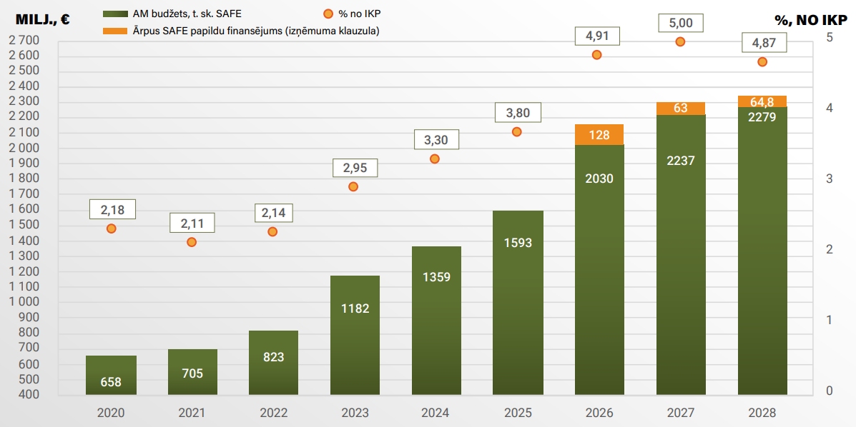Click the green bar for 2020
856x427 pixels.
111,375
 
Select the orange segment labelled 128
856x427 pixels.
599,135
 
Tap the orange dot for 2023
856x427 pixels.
353,186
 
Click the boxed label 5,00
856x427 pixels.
680,22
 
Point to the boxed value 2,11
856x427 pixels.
192,223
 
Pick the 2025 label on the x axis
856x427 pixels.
518,413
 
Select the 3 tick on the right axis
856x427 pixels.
829,179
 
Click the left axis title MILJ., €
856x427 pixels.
42,20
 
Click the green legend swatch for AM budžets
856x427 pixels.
114,14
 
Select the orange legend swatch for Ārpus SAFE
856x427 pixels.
114,31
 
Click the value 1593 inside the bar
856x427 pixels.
518,243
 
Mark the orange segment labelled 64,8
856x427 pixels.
762,101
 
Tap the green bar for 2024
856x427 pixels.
436,321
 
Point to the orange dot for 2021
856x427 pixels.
192,242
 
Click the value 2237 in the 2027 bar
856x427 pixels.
680,161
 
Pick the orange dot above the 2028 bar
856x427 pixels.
762,61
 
